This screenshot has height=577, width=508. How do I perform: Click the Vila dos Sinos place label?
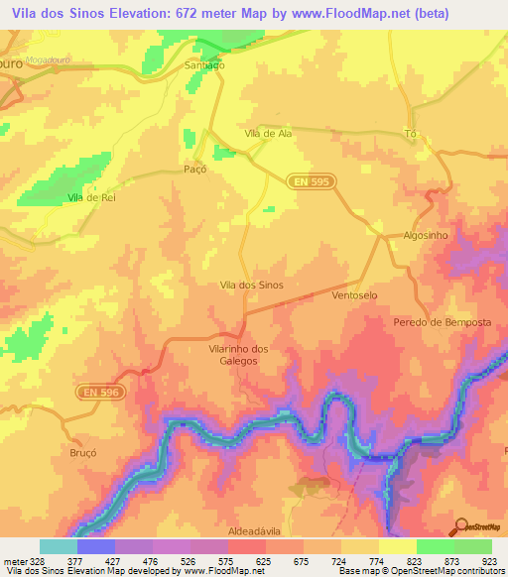point(251,286)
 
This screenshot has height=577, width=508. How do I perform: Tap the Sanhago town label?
point(205,65)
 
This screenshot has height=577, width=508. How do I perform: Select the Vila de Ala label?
point(265,134)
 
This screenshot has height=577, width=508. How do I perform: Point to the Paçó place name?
point(195,170)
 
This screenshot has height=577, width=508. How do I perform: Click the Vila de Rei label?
point(87,198)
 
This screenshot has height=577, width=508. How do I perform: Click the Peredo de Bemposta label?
point(443,323)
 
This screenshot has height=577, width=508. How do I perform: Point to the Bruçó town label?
point(83,451)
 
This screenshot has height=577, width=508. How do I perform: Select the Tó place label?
point(411,134)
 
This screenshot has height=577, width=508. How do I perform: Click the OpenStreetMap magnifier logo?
point(459,525)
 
